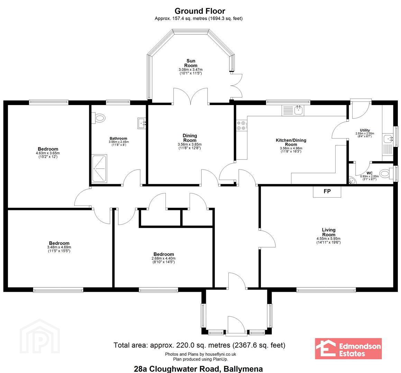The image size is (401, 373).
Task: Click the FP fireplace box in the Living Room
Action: (327, 191)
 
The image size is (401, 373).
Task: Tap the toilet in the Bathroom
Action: (99, 118)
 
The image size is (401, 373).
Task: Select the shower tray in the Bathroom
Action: (99, 169)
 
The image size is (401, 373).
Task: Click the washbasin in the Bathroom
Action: (142, 123)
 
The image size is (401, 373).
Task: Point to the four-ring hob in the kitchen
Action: (241, 125)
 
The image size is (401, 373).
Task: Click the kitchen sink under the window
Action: (293, 110)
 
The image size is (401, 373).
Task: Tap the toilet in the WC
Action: (386, 174)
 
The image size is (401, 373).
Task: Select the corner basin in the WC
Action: (353, 181)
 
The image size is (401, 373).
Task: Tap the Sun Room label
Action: (191, 63)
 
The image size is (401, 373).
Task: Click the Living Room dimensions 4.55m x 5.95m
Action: (328, 239)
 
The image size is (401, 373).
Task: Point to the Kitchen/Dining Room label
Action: (291, 142)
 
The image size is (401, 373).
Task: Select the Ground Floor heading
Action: (200, 11)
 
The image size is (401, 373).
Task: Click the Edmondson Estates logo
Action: (348, 349)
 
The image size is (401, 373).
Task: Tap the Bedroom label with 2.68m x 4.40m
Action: (164, 254)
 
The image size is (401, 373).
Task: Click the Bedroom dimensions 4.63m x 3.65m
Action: (48, 153)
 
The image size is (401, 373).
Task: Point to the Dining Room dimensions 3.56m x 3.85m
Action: (190, 144)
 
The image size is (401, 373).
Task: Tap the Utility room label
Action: (365, 130)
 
